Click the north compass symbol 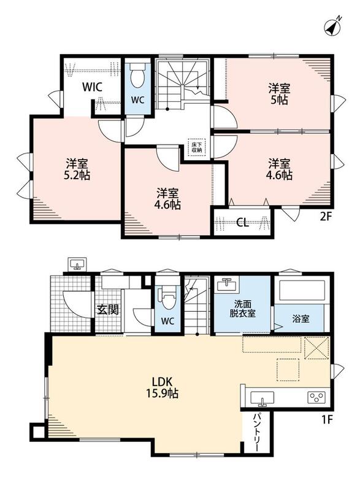pyautogui.click(x=332, y=26)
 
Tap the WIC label pyautogui.click(x=92, y=87)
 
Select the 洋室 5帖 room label pyautogui.click(x=279, y=94)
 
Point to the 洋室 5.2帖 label pyautogui.click(x=77, y=169)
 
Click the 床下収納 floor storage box pyautogui.click(x=196, y=147)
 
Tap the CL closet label pyautogui.click(x=242, y=223)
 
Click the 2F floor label pyautogui.click(x=325, y=217)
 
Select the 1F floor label pyautogui.click(x=326, y=419)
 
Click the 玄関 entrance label pyautogui.click(x=107, y=310)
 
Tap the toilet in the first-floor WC pyautogui.click(x=167, y=299)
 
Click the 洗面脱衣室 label pyautogui.click(x=243, y=309)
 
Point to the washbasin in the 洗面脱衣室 pyautogui.click(x=228, y=285)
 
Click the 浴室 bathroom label pyautogui.click(x=301, y=319)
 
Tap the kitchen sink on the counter pyautogui.click(x=262, y=398)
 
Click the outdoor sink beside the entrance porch pyautogui.click(x=77, y=265)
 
